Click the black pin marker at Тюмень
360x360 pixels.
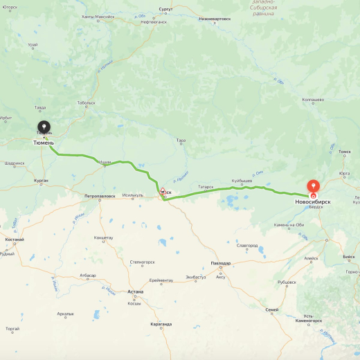coord(44,127)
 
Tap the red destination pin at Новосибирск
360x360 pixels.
coord(313,186)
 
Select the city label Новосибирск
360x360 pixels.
coord(313,201)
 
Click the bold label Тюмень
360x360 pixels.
coord(44,143)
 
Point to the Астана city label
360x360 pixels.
coord(135,291)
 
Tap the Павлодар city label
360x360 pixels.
coord(221,263)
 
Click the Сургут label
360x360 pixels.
coord(165,10)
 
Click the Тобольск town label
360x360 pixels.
coord(86,102)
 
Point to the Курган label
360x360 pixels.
coord(40,180)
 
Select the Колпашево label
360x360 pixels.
coord(313,99)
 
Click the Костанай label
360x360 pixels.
coord(15,240)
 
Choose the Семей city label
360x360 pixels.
coord(272,309)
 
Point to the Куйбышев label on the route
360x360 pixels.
coord(242,181)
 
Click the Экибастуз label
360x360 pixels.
coord(195,277)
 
